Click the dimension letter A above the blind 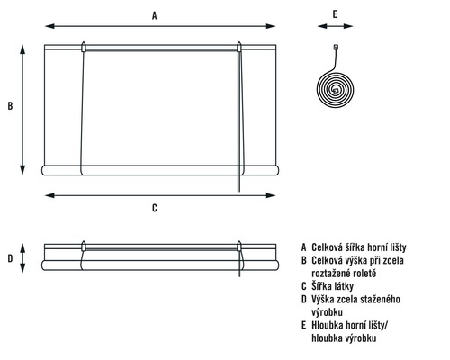[x=154, y=15]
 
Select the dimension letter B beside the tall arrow [x=10, y=106]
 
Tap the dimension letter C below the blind [x=155, y=208]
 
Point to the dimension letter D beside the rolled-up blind [x=10, y=258]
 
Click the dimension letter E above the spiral [x=335, y=14]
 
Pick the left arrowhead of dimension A [x=49, y=26]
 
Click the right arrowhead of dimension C [x=271, y=195]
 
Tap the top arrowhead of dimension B [x=22, y=49]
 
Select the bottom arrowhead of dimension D [x=22, y=267]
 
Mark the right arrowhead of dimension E [x=348, y=26]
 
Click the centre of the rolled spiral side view [x=336, y=90]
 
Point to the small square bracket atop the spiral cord [x=336, y=47]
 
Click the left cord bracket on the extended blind [x=84, y=47]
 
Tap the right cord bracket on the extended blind [x=239, y=47]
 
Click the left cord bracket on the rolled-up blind [x=84, y=246]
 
